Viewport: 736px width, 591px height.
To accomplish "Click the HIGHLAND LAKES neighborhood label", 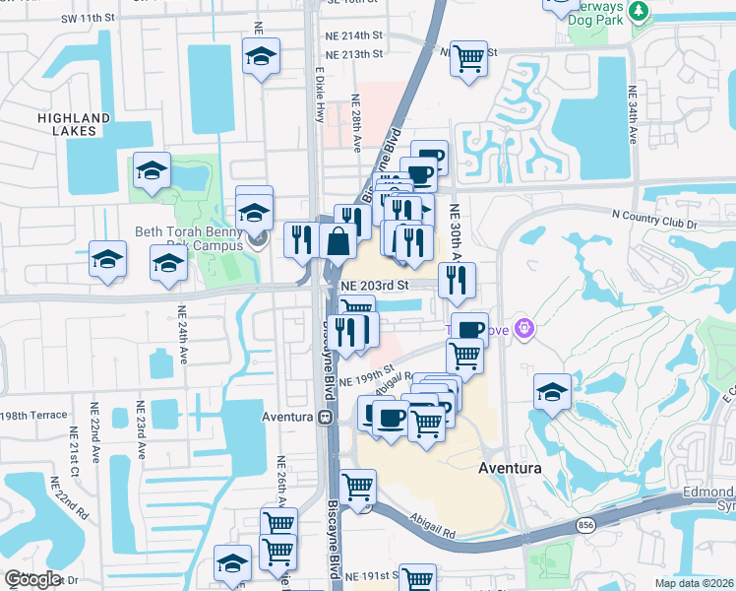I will click(74, 123).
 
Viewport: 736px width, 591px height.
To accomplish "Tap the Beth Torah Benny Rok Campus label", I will click(197, 238).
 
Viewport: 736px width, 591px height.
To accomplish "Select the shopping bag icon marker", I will click(337, 240).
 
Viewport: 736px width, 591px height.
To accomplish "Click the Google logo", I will click(33, 579).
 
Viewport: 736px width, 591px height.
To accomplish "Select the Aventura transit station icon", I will click(324, 417).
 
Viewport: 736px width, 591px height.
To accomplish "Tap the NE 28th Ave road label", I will click(357, 123).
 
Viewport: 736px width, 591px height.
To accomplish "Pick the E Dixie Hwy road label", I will click(319, 95).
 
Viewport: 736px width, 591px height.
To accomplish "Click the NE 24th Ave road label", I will click(183, 335).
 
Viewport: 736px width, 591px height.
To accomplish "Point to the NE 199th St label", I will click(366, 376).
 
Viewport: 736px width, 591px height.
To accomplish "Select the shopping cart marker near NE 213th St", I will click(469, 57).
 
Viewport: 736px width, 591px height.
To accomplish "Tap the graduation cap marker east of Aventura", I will click(552, 390).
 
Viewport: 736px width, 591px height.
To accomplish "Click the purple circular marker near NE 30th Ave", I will click(524, 328).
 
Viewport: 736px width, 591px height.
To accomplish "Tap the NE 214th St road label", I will click(352, 33).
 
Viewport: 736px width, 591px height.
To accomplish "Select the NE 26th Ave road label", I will click(282, 480).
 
